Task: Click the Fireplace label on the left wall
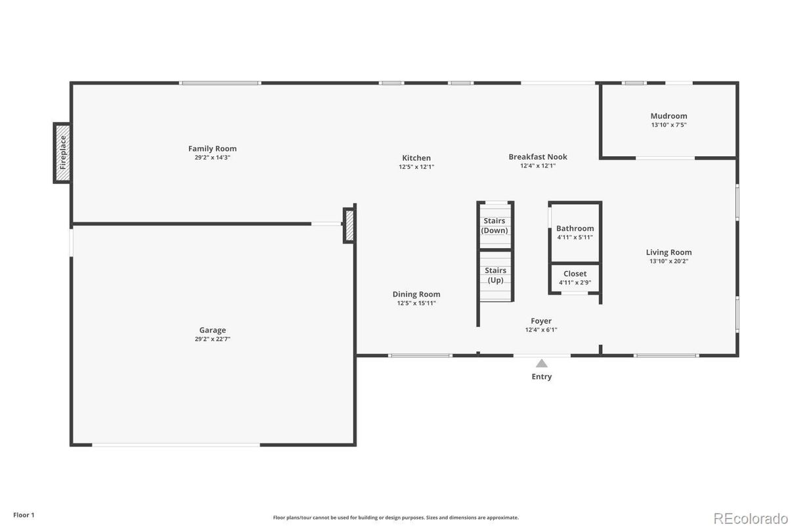(x=63, y=152)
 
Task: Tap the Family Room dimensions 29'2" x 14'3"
(x=212, y=158)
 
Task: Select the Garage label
(x=212, y=330)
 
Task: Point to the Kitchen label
(x=416, y=158)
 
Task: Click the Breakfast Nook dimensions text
(x=538, y=165)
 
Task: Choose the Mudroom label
(x=669, y=116)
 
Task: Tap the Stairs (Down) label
(x=495, y=226)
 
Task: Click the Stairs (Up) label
(x=495, y=275)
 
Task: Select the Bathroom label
(x=575, y=229)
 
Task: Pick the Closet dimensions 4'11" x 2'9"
(x=575, y=282)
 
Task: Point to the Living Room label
(x=669, y=252)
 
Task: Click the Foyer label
(x=541, y=320)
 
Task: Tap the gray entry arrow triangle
(x=541, y=363)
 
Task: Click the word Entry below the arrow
(x=541, y=376)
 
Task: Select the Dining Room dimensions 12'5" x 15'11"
(x=416, y=303)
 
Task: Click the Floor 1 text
(x=24, y=515)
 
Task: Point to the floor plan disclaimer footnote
(x=395, y=517)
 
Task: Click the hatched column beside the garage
(x=349, y=225)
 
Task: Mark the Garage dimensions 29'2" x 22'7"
(x=212, y=339)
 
